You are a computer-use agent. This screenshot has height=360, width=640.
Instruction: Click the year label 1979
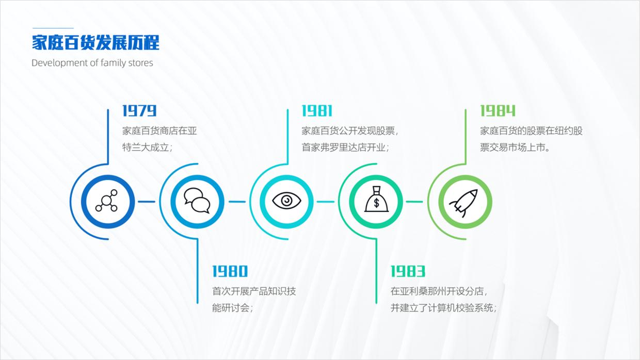click(x=139, y=111)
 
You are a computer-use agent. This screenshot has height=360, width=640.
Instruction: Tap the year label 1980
click(x=230, y=271)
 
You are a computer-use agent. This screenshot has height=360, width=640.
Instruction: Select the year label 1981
click(x=317, y=111)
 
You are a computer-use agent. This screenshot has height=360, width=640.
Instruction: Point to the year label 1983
click(x=407, y=271)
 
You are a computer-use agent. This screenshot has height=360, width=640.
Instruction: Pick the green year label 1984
click(x=498, y=111)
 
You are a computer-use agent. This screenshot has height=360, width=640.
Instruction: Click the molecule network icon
click(x=107, y=201)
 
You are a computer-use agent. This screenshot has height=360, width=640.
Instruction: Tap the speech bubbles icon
click(x=197, y=201)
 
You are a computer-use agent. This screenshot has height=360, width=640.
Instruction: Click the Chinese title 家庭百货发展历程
click(x=95, y=43)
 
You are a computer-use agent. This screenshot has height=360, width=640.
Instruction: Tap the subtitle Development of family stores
click(x=92, y=63)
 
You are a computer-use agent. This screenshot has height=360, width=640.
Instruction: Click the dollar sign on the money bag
click(x=376, y=203)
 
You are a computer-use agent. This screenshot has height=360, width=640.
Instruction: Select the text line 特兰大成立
click(x=147, y=148)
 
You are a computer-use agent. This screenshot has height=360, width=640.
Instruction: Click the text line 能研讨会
click(x=232, y=308)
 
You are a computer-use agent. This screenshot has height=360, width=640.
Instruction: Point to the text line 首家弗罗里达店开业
click(x=345, y=148)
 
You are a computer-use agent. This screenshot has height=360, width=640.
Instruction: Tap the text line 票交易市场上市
click(x=514, y=148)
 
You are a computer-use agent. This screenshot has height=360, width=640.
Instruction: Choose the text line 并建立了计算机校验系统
click(x=443, y=308)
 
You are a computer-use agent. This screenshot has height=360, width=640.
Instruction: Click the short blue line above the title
click(x=53, y=28)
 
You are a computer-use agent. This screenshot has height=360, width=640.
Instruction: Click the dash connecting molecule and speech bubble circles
click(x=147, y=202)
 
